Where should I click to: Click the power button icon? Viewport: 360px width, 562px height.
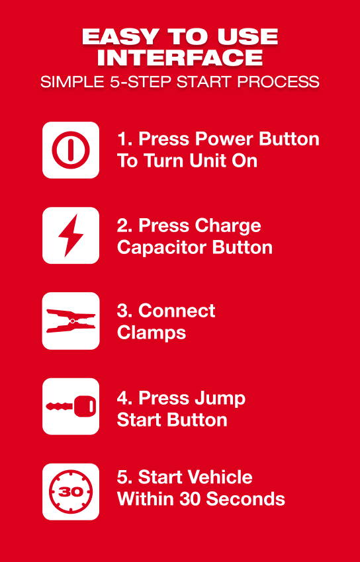point(71,150)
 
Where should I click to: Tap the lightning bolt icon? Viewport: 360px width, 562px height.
point(71,235)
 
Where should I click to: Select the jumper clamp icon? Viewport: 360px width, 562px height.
point(71,321)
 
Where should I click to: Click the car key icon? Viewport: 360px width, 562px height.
point(71,406)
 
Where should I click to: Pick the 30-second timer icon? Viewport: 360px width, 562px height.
point(71,492)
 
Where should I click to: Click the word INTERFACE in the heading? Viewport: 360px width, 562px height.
point(179,58)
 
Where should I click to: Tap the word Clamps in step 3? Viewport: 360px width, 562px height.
point(152,333)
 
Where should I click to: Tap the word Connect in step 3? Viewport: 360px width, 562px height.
point(177,311)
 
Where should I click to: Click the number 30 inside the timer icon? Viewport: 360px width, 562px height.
point(71,492)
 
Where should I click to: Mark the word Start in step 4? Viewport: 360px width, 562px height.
point(142,420)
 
